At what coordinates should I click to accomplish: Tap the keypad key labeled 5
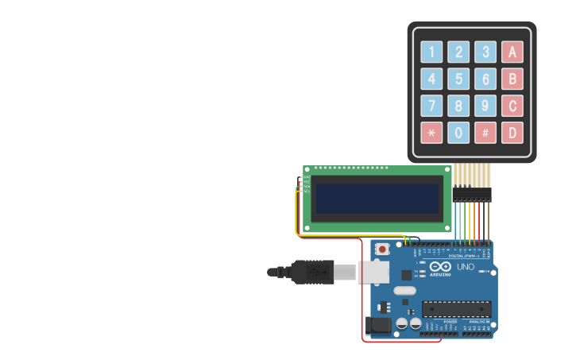click(x=458, y=79)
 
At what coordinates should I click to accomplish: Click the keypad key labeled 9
click(x=485, y=106)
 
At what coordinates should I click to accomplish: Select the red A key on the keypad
click(x=512, y=52)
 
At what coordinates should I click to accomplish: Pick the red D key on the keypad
click(x=512, y=133)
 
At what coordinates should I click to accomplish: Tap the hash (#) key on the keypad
click(x=485, y=133)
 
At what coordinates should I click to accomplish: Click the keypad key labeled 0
click(x=458, y=133)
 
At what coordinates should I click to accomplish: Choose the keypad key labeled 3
click(x=485, y=52)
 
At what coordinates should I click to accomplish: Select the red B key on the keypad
click(x=512, y=79)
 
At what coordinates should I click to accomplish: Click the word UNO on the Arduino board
click(x=465, y=267)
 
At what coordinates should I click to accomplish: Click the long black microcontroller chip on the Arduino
click(x=456, y=308)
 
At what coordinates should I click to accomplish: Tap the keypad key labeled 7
click(x=431, y=106)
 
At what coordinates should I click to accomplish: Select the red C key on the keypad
click(x=512, y=106)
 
